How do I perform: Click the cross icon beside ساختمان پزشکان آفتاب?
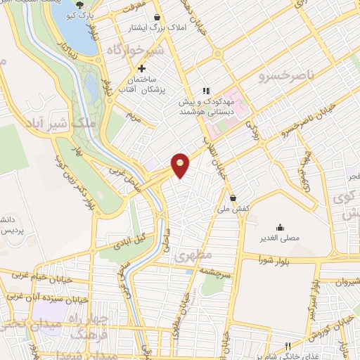[142, 68]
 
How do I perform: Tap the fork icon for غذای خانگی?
[289, 347]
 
